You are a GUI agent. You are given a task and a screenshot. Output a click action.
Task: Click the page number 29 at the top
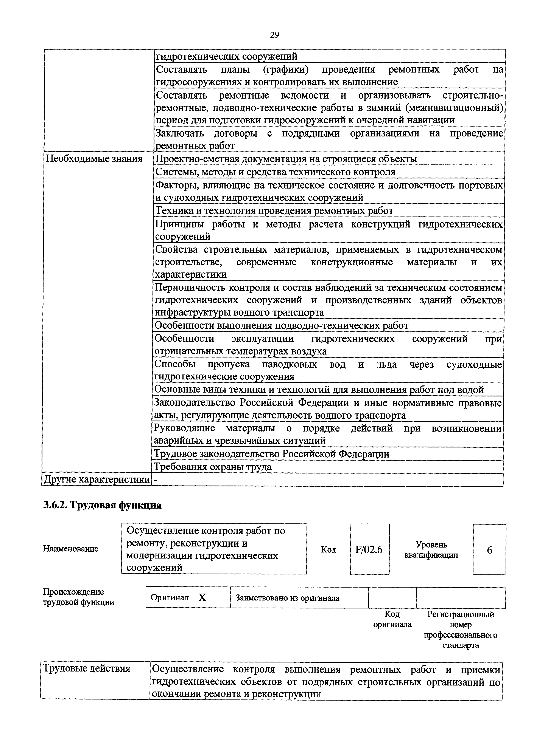(x=274, y=35)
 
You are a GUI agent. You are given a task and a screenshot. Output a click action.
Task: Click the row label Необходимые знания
(x=94, y=159)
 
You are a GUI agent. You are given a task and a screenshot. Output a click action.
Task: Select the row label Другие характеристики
(x=97, y=480)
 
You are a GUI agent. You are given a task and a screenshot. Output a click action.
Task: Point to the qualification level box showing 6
(x=489, y=550)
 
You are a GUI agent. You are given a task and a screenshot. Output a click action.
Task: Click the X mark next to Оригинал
(x=202, y=597)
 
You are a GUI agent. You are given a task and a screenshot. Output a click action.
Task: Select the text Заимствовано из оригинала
(x=287, y=598)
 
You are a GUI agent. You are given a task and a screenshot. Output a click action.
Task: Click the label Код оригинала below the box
(x=392, y=619)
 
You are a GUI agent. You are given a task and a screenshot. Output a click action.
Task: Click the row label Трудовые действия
(x=87, y=668)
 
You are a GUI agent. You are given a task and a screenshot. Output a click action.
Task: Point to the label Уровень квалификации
(x=431, y=550)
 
